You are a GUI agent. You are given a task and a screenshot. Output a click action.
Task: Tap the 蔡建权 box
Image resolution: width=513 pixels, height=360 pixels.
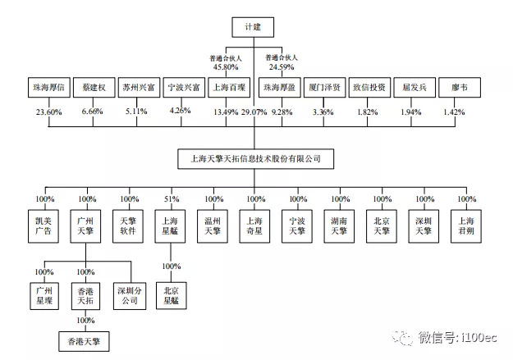pyautogui.click(x=94, y=86)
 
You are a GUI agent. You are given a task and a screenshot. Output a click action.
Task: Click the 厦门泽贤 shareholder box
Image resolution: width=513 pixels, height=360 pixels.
pyautogui.click(x=325, y=86)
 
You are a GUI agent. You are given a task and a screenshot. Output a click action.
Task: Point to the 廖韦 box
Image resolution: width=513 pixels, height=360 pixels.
pyautogui.click(x=457, y=86)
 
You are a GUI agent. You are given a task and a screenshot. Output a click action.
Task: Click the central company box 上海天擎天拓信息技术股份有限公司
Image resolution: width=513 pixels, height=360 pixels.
pyautogui.click(x=255, y=157)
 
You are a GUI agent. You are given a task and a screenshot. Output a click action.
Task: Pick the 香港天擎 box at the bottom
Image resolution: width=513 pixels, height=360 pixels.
pyautogui.click(x=85, y=338)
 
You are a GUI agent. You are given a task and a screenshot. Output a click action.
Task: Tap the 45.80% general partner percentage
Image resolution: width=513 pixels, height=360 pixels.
pyautogui.click(x=226, y=67)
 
